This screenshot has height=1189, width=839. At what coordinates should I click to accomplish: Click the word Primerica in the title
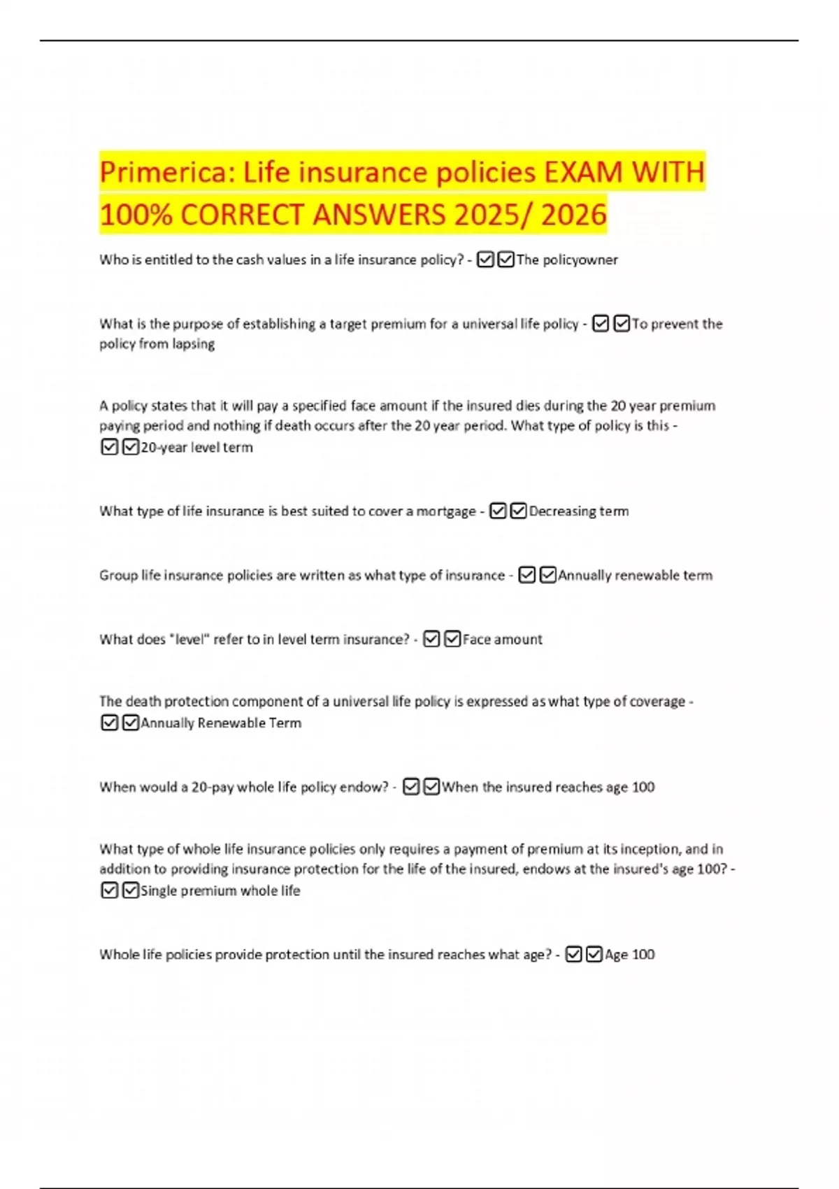pos(164,172)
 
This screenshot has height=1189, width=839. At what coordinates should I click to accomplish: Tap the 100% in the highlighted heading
pos(136,215)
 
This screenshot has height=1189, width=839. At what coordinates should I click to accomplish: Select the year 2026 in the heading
pos(573,215)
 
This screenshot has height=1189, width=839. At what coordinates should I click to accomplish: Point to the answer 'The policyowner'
pos(567,260)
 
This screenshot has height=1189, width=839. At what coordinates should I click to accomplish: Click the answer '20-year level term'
pos(196,448)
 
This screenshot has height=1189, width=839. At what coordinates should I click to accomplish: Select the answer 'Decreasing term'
pos(579,511)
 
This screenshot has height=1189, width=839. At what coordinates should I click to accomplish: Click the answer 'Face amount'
pos(502,639)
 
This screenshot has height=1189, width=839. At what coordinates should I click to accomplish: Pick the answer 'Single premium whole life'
pos(220,891)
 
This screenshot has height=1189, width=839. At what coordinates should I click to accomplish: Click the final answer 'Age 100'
pos(629,955)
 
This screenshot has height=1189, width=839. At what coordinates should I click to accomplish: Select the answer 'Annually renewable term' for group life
pos(635,576)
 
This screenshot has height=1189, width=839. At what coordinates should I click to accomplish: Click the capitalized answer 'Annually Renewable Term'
pos(221,723)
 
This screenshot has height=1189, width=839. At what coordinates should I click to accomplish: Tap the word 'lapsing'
pos(192,344)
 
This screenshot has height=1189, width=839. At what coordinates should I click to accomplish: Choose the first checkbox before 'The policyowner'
pos(485,260)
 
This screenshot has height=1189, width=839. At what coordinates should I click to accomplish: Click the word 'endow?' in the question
pos(364,788)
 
